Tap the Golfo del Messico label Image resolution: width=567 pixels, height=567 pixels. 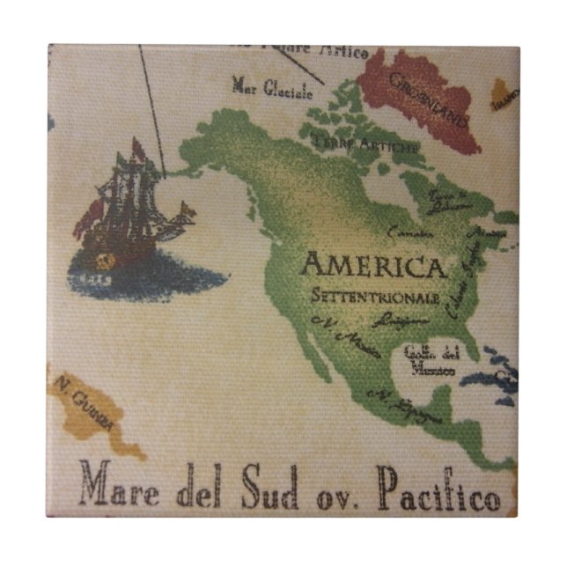pyautogui.click(x=431, y=362)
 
